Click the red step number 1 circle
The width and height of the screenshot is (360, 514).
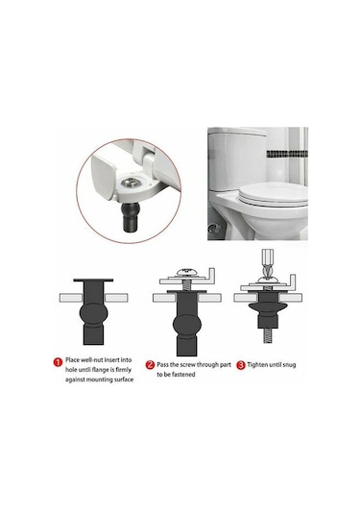pyautogui.click(x=58, y=362)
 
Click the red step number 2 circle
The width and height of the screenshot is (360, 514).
pyautogui.click(x=150, y=365)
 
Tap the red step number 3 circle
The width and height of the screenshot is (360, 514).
pyautogui.click(x=241, y=365)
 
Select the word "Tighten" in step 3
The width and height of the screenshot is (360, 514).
pyautogui.click(x=258, y=365)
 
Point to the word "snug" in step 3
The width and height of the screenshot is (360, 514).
pyautogui.click(x=289, y=365)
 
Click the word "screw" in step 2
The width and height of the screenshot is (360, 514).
pyautogui.click(x=188, y=365)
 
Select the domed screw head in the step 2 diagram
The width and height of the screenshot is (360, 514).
pyautogui.click(x=186, y=272)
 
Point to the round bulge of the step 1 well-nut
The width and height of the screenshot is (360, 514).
pyautogui.click(x=94, y=314)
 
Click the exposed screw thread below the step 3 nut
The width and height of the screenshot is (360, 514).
pyautogui.click(x=268, y=335)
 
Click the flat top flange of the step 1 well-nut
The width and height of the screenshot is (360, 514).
pyautogui.click(x=93, y=281)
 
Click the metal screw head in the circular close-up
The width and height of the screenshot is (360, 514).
pyautogui.click(x=129, y=182)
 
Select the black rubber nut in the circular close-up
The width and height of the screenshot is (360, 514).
pyautogui.click(x=131, y=217)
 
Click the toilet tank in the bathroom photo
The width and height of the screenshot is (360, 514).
pyautogui.click(x=238, y=159)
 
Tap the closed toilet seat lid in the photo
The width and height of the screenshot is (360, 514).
pyautogui.click(x=274, y=194)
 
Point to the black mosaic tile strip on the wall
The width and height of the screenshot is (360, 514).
pyautogui.click(x=287, y=154)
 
